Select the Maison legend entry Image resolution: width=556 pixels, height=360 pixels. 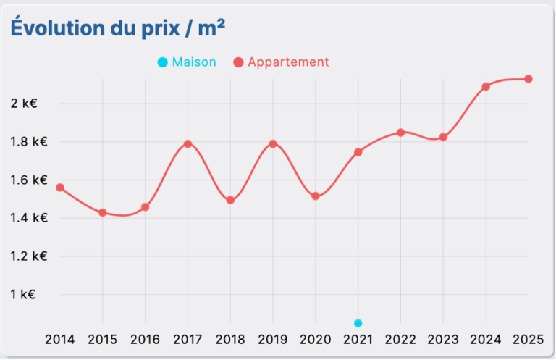[x=187, y=62]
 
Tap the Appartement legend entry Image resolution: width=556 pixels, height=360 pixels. [x=281, y=62]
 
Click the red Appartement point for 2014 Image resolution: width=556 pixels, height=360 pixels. [x=60, y=188]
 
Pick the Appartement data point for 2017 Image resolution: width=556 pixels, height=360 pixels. [x=188, y=143]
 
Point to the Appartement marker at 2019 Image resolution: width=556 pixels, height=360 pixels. [x=273, y=143]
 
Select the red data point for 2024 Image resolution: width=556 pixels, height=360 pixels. [x=486, y=86]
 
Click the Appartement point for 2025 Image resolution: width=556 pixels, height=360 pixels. [x=528, y=79]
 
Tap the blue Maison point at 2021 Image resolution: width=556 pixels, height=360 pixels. [x=358, y=323]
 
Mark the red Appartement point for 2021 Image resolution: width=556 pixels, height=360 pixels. [x=358, y=152]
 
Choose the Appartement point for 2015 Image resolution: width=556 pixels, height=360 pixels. [x=103, y=212]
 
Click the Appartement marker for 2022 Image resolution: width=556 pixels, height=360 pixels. [x=400, y=133]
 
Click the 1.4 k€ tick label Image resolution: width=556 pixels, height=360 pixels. [x=29, y=217]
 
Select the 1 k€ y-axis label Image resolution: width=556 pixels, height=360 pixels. [x=23, y=294]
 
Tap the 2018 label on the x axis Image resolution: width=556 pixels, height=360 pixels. [x=230, y=339]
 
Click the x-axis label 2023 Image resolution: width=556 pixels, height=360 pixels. [x=443, y=339]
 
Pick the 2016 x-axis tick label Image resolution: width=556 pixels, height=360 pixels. [x=145, y=339]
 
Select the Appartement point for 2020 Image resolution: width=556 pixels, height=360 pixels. [x=316, y=196]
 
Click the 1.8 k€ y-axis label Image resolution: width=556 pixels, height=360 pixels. [x=29, y=141]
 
